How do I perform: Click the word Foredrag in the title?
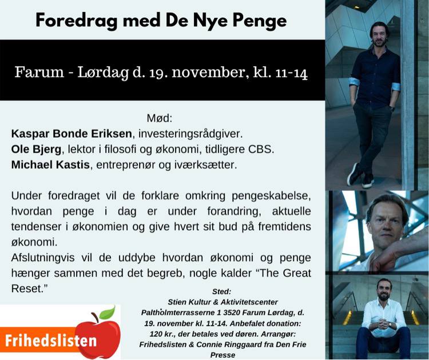point(76,21)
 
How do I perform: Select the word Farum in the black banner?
point(39,72)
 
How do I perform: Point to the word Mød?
point(160,118)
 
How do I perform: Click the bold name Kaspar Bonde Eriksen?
point(71,134)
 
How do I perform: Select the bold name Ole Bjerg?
point(36,149)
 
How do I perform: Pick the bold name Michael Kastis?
point(50,165)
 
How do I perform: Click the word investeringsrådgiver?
point(190,134)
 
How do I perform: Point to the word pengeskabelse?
point(271,196)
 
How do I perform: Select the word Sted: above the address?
point(221,291)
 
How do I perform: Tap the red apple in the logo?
point(98,335)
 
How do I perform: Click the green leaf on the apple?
point(107,313)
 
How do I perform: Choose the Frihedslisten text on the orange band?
point(51,341)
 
